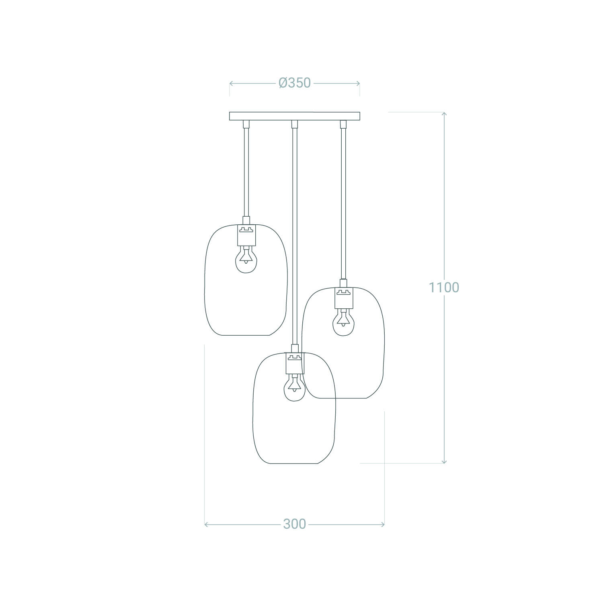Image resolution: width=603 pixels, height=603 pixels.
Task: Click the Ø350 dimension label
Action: (x=295, y=83)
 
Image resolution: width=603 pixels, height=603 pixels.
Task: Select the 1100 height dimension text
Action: (x=444, y=287)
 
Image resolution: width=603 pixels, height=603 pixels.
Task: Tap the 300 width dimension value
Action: (x=295, y=524)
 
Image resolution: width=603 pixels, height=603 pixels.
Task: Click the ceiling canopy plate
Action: (x=295, y=116)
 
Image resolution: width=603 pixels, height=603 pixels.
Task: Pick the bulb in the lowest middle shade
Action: (x=294, y=387)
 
